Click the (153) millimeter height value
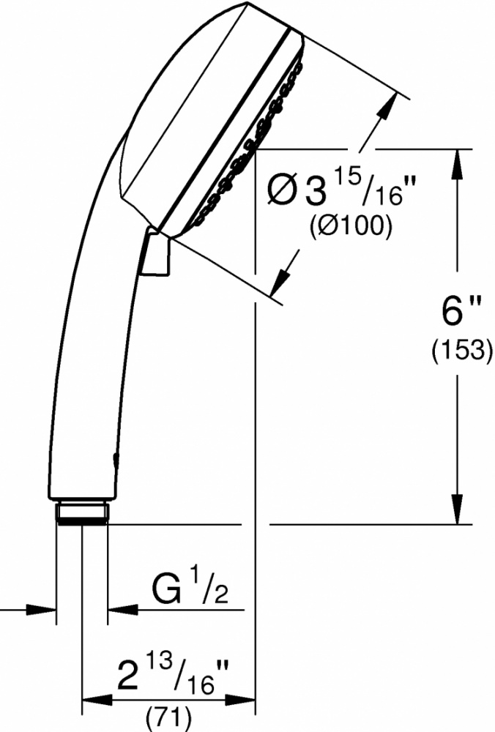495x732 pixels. click(461, 349)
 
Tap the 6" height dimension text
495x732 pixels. click(455, 311)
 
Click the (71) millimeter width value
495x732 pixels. click(169, 720)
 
